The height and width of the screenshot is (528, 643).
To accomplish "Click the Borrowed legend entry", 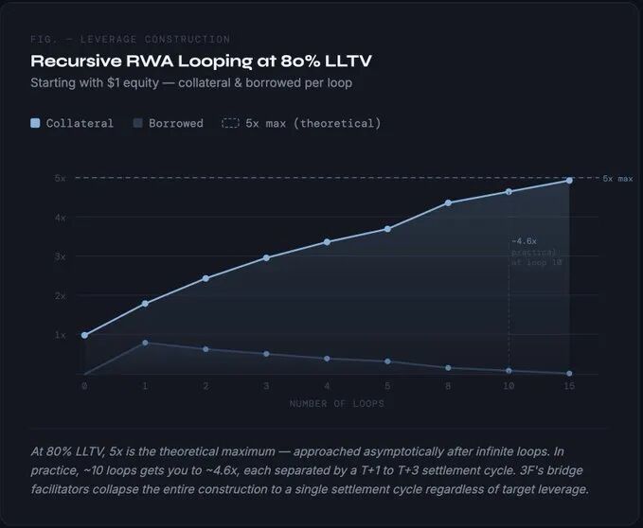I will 169,123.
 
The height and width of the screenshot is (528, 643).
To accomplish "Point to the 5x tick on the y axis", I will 60,178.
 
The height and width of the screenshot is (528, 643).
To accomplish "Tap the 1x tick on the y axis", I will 60,335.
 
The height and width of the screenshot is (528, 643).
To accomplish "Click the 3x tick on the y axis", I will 60,256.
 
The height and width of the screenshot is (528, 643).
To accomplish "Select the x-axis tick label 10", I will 509,386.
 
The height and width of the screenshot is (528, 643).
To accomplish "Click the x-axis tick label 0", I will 84,386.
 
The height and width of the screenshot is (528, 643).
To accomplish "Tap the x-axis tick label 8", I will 448,386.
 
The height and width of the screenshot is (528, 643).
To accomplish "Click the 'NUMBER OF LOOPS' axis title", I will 326,404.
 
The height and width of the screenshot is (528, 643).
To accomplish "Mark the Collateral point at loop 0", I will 84,335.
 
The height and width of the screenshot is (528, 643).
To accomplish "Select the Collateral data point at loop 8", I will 448,202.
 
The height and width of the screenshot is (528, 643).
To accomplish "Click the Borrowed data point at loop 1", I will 145,343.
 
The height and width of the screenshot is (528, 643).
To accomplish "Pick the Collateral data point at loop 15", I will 569,180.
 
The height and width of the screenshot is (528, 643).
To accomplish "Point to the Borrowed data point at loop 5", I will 387,361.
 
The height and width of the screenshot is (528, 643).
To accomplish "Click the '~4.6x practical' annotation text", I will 536,252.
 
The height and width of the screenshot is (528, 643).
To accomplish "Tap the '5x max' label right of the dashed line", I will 617,179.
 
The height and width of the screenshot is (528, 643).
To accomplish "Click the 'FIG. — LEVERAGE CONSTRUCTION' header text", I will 130,40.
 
